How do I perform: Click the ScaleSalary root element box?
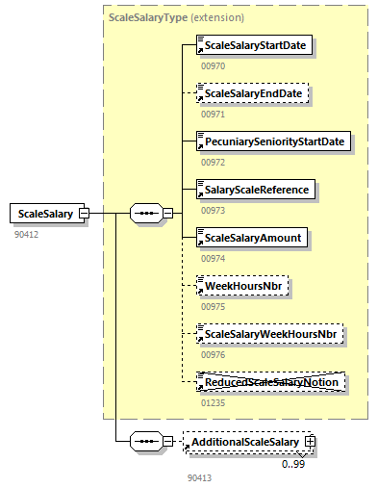(x=44, y=214)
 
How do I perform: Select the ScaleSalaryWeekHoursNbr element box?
(x=271, y=334)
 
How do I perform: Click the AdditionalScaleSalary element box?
(x=244, y=442)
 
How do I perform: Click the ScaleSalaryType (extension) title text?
(x=176, y=17)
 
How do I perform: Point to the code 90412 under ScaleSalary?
(x=26, y=234)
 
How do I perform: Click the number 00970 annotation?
(x=213, y=65)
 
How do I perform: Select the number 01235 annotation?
(x=213, y=403)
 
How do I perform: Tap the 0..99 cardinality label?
(x=293, y=463)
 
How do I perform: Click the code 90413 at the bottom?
(x=199, y=477)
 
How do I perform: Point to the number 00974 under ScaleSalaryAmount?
(x=213, y=258)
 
